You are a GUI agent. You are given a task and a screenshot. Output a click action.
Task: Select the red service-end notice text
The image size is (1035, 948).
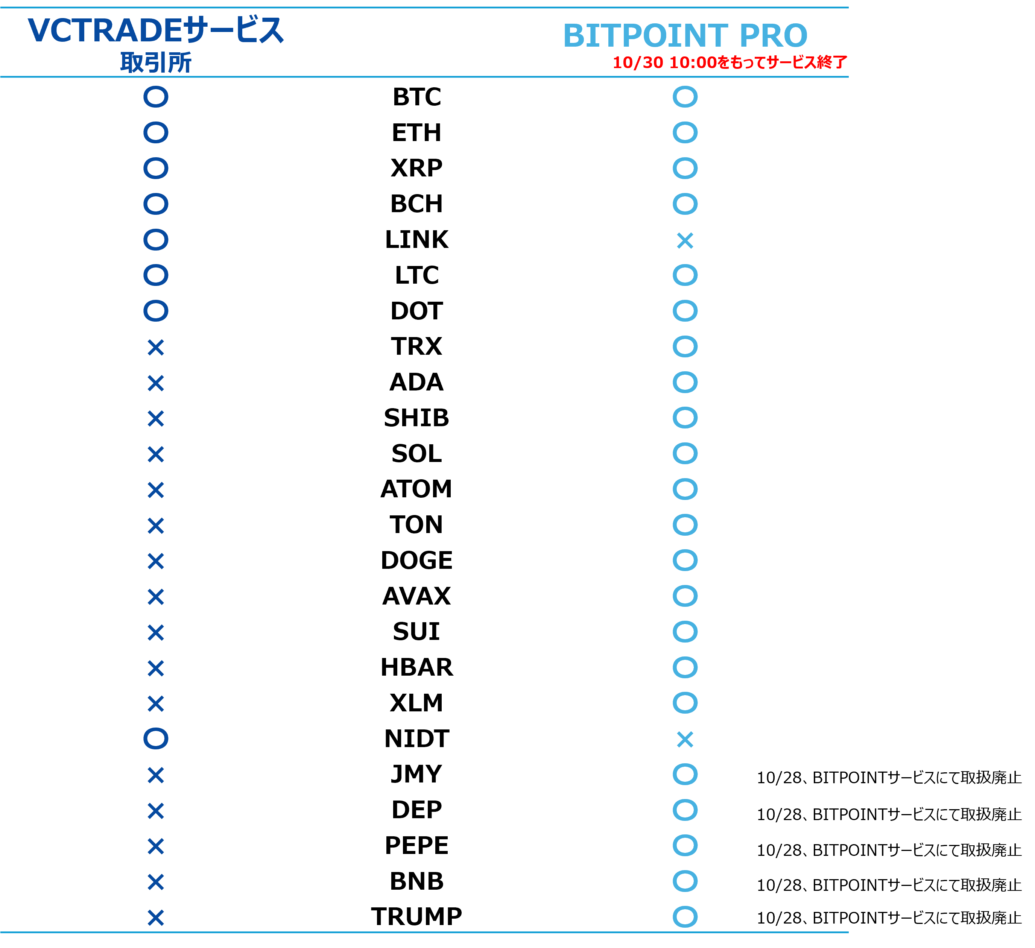pyautogui.click(x=730, y=62)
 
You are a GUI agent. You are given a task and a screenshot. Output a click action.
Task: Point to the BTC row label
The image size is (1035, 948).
pyautogui.click(x=417, y=97)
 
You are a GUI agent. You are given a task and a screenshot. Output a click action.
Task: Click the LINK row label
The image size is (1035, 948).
pyautogui.click(x=417, y=240)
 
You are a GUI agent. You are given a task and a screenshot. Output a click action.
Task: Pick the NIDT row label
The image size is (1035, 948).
pyautogui.click(x=417, y=738)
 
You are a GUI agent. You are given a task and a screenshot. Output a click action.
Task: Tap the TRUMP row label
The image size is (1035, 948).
pyautogui.click(x=417, y=917)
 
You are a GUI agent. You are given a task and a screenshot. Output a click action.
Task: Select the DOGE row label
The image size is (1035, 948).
pyautogui.click(x=417, y=561)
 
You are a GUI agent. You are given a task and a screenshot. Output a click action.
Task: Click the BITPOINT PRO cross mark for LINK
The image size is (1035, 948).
pyautogui.click(x=685, y=240)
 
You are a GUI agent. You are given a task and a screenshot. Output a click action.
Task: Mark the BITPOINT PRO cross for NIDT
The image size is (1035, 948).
pyautogui.click(x=685, y=739)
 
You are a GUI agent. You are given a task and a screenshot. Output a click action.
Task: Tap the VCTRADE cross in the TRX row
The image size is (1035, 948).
pyautogui.click(x=155, y=348)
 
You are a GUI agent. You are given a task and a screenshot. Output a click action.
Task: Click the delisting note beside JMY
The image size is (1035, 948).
pyautogui.click(x=889, y=778)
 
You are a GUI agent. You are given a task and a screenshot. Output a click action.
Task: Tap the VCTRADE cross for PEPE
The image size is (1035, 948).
pyautogui.click(x=155, y=846)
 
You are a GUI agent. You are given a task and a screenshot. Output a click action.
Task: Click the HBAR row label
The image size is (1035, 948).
pyautogui.click(x=417, y=667)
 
